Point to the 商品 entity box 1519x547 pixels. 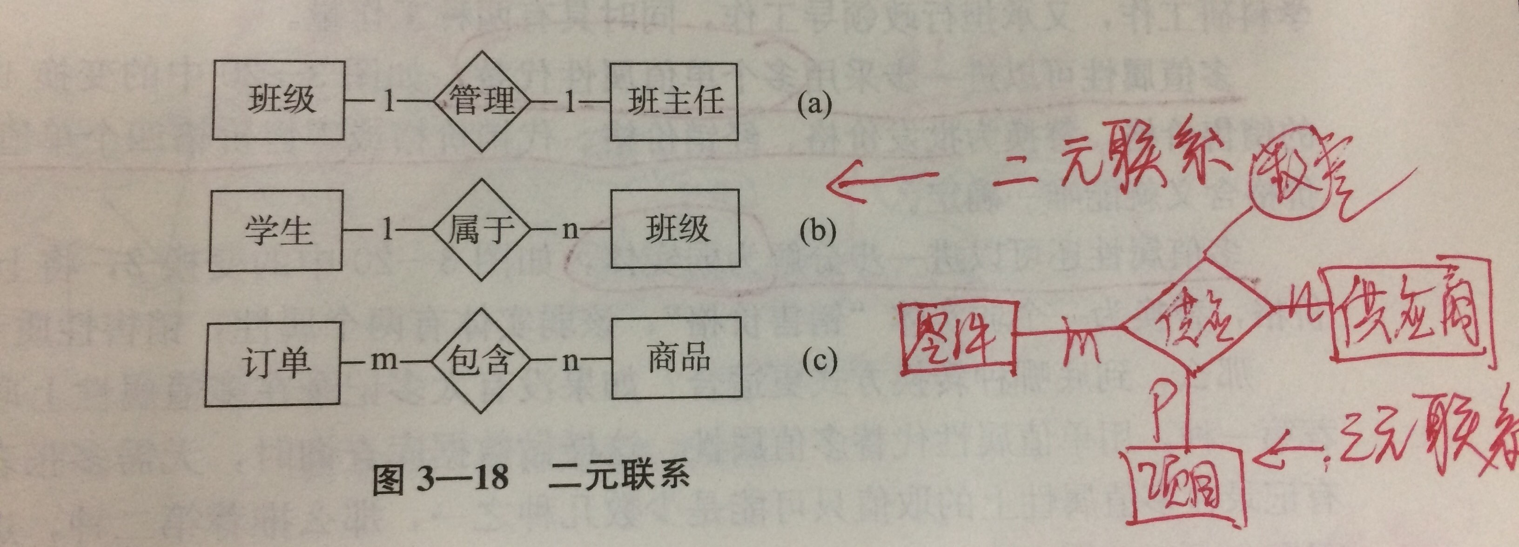[676, 358]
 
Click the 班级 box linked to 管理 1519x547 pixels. [279, 100]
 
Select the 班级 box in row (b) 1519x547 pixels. [676, 229]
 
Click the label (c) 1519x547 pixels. [819, 361]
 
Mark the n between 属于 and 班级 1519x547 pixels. [570, 230]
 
